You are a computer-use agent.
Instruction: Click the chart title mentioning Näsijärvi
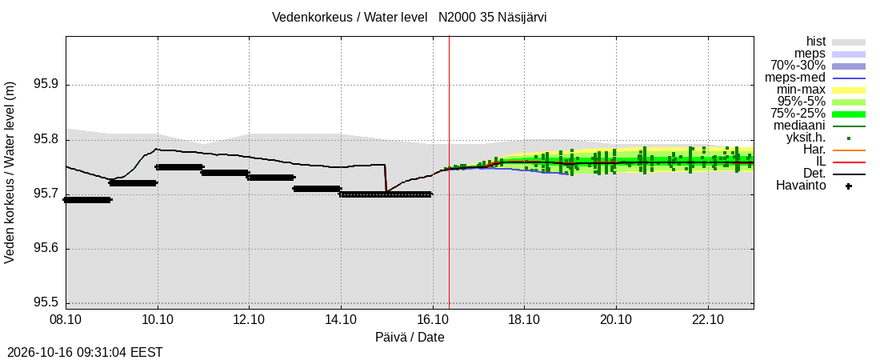(409, 17)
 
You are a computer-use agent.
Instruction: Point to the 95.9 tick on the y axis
(46, 85)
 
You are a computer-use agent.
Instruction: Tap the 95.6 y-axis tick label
(46, 249)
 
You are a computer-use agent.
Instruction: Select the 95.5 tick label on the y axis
(46, 303)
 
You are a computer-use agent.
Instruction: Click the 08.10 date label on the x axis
(66, 320)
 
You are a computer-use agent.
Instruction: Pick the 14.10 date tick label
(341, 320)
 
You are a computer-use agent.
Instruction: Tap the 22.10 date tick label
(708, 320)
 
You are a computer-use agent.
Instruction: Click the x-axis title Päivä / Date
(410, 338)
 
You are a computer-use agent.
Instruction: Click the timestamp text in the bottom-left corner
(82, 353)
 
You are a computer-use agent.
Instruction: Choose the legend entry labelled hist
(815, 42)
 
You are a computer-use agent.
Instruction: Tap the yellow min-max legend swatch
(849, 90)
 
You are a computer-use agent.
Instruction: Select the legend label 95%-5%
(802, 102)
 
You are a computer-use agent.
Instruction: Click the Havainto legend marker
(849, 186)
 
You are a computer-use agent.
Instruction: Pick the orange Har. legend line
(849, 150)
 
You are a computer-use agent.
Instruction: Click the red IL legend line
(849, 162)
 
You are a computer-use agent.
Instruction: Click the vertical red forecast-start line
(449, 173)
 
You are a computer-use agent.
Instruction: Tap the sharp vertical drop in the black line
(386, 178)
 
